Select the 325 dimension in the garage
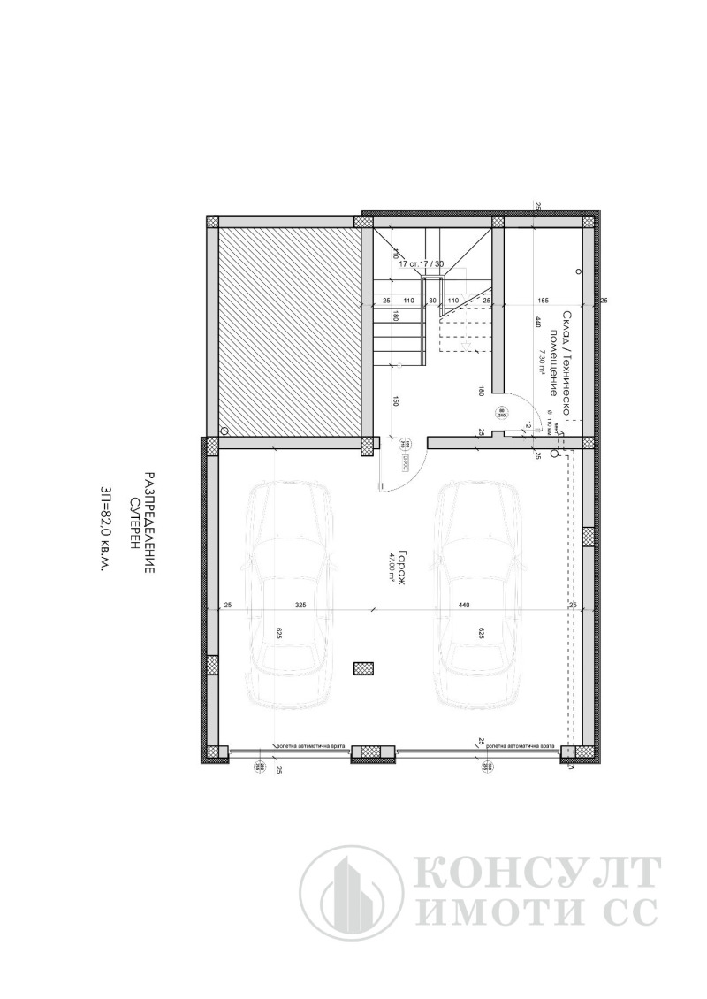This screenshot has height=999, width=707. point(300,606)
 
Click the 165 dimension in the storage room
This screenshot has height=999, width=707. point(544,301)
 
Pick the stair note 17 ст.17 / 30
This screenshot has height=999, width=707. point(422,263)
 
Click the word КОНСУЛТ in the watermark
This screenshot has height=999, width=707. point(536,873)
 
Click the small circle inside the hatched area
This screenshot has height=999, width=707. point(224,431)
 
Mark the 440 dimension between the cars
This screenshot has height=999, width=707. point(464,606)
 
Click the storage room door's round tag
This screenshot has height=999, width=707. point(500,412)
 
